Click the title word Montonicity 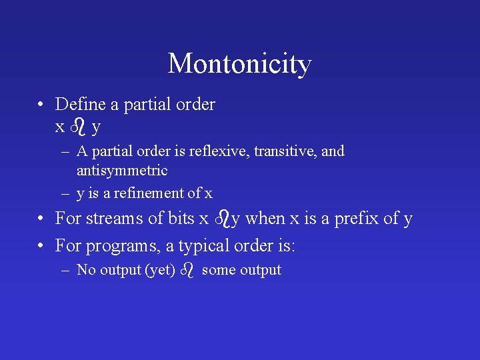(x=239, y=64)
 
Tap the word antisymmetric (x=122, y=171)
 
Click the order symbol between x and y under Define (x=78, y=125)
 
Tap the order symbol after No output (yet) (x=187, y=270)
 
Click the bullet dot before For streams (x=41, y=219)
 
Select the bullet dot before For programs (x=41, y=247)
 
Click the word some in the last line (x=217, y=271)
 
